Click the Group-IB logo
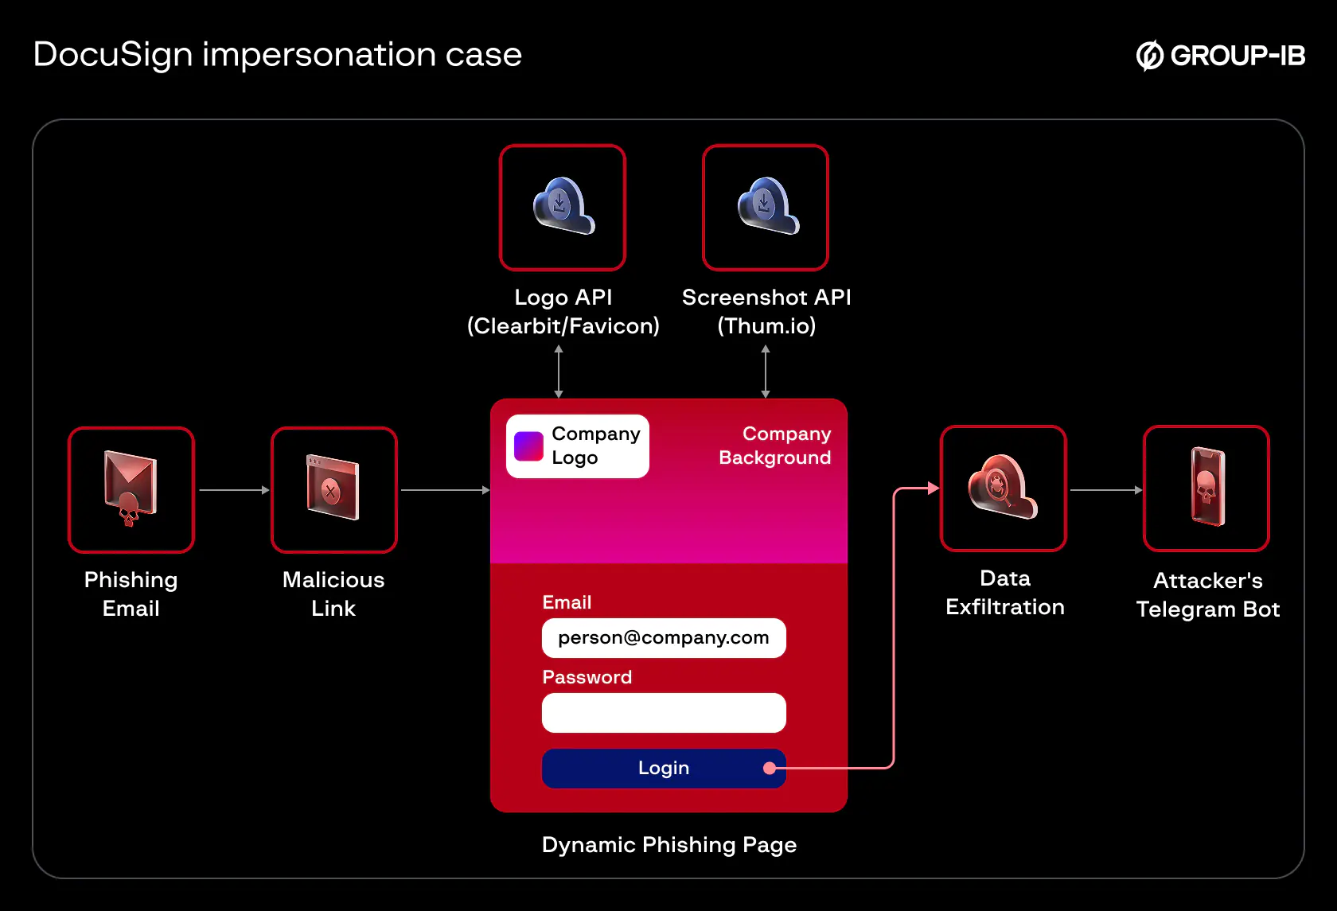click(1220, 56)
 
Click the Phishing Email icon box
click(131, 490)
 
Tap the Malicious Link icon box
click(334, 490)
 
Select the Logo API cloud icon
click(563, 207)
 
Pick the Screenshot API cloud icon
click(766, 207)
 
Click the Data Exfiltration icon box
click(1004, 489)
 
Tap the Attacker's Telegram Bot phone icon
click(1206, 489)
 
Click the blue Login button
click(663, 769)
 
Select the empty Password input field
click(664, 713)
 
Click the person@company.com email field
click(664, 638)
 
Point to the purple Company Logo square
click(528, 446)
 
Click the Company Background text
click(775, 446)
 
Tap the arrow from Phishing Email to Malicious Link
click(234, 490)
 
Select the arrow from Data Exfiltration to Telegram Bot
click(1105, 490)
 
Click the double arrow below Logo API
click(559, 372)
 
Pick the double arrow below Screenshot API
click(766, 372)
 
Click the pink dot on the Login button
click(770, 769)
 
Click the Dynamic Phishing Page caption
click(668, 845)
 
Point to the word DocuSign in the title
click(113, 55)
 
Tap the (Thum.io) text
click(766, 326)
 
